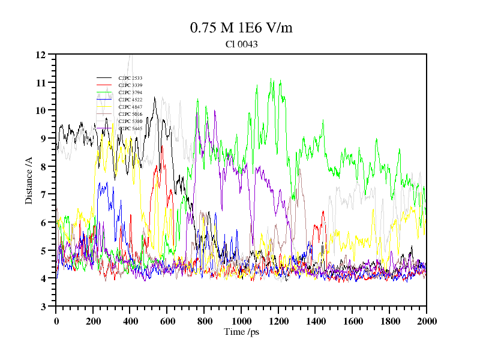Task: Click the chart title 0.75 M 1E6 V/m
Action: (x=241, y=28)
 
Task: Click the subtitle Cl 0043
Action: (x=241, y=44)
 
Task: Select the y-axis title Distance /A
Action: (x=29, y=180)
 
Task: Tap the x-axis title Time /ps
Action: (x=241, y=332)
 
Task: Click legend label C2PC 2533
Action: (x=130, y=78)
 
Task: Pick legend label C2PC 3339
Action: (x=130, y=85)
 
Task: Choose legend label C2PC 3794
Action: (x=130, y=92)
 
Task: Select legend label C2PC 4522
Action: (x=130, y=100)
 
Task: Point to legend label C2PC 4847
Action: (x=130, y=107)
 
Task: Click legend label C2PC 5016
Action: (x=130, y=114)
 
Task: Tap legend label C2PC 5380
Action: (x=130, y=121)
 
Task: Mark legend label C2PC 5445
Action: (x=130, y=128)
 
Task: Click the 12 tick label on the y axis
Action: (x=41, y=55)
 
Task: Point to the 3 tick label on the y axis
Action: (x=43, y=307)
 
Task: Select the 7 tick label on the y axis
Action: (x=43, y=194)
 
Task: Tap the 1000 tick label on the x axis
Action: (x=241, y=321)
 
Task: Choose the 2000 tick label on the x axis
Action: (x=426, y=321)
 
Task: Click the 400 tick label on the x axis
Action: (x=130, y=321)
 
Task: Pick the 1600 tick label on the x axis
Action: (x=352, y=321)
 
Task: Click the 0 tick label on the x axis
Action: (x=56, y=321)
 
